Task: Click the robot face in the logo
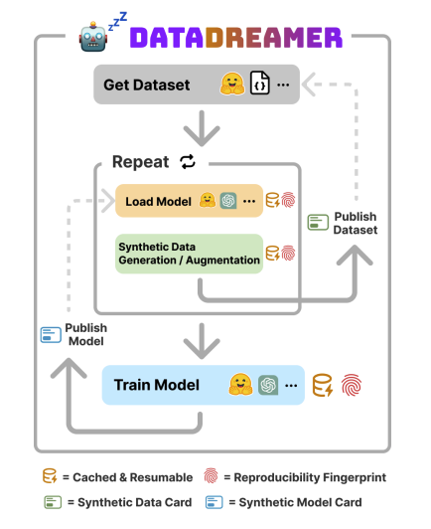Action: point(93,37)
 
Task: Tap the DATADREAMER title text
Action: point(236,37)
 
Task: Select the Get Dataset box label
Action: point(147,85)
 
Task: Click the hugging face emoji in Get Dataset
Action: point(232,84)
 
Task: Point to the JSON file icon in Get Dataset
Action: point(260,83)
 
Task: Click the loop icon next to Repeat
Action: point(188,162)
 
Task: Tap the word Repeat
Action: point(140,162)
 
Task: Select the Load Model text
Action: point(158,202)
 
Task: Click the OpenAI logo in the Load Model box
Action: point(228,201)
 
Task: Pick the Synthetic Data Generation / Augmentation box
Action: point(189,254)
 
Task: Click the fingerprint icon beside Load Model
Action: point(288,200)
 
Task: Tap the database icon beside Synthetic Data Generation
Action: point(273,253)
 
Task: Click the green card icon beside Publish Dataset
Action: point(318,223)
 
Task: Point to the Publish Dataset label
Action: point(356,223)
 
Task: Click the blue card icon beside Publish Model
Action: point(51,335)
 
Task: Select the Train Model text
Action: point(157,385)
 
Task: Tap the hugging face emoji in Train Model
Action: point(240,384)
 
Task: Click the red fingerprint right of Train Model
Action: point(352,385)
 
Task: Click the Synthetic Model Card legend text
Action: point(300,502)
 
